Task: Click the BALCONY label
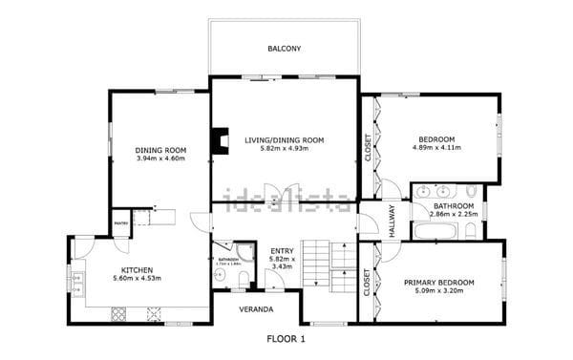284,48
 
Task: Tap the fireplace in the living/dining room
221,141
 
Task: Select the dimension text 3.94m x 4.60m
160,159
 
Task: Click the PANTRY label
120,222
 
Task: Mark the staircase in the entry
329,263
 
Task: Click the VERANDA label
256,310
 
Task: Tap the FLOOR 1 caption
284,338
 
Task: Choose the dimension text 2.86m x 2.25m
452,215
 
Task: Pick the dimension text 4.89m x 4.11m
436,148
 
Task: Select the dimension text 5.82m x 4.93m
284,149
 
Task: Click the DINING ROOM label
160,150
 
